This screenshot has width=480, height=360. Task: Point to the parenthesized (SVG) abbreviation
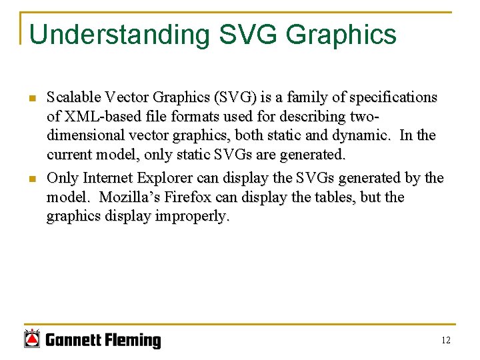[x=233, y=97]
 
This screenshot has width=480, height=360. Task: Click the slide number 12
[x=446, y=341]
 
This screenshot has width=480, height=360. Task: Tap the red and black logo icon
[x=31, y=339]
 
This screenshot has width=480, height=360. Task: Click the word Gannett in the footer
[x=74, y=341]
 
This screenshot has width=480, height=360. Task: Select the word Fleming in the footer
[x=133, y=341]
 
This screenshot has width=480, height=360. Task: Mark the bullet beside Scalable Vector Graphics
[x=31, y=99]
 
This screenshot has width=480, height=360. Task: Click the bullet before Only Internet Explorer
[x=31, y=179]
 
